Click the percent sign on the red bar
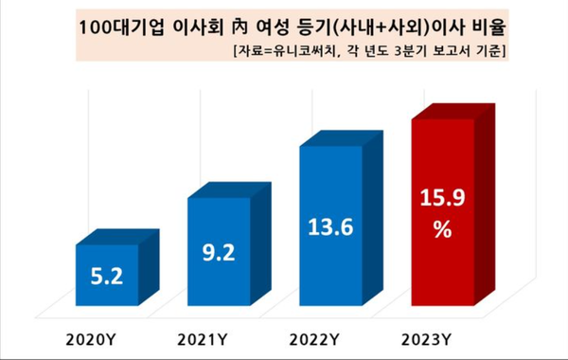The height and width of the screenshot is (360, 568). point(440,230)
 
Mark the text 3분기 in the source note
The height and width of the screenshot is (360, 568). point(426,49)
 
